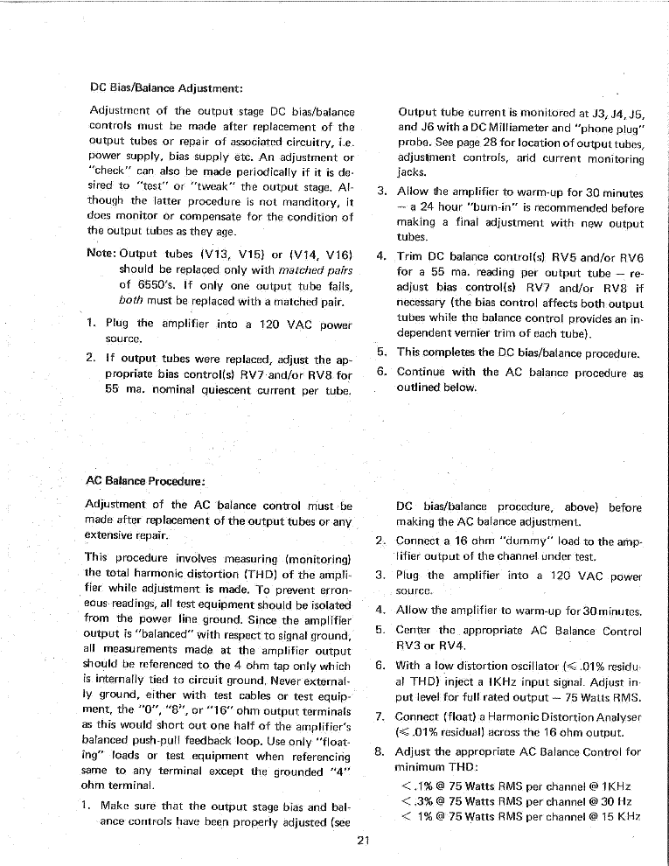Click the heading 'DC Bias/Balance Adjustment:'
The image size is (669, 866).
pyautogui.click(x=165, y=87)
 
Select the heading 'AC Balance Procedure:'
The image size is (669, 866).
pyautogui.click(x=145, y=480)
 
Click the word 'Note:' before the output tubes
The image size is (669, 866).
pyautogui.click(x=102, y=254)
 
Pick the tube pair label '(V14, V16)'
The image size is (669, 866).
pyautogui.click(x=321, y=254)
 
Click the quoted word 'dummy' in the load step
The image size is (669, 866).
pyautogui.click(x=526, y=541)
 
